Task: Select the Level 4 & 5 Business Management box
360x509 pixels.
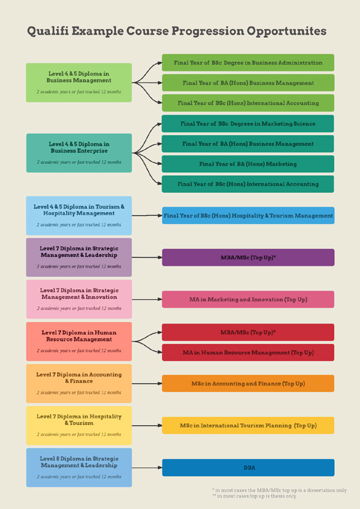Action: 79,82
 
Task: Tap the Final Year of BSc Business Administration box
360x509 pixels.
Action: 248,62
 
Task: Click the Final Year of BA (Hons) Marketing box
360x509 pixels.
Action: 248,164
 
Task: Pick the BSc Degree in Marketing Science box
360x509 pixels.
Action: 248,124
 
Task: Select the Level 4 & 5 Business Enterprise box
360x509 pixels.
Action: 79,152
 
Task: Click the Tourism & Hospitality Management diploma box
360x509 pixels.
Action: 79,215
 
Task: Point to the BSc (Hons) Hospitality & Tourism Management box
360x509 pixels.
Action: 248,215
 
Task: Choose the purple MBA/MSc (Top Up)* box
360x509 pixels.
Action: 248,258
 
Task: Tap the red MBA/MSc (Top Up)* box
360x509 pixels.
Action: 248,332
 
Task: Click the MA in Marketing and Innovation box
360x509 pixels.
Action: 248,299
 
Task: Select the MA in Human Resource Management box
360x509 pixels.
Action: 248,352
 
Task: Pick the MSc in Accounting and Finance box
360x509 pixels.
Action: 248,384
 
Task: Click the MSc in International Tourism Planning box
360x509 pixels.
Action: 248,426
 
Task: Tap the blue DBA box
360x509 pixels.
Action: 248,467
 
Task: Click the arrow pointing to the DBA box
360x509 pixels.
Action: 147,467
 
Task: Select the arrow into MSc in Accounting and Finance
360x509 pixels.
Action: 147,384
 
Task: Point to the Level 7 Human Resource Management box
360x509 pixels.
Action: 79,341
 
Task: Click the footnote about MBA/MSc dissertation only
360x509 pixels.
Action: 279,490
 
